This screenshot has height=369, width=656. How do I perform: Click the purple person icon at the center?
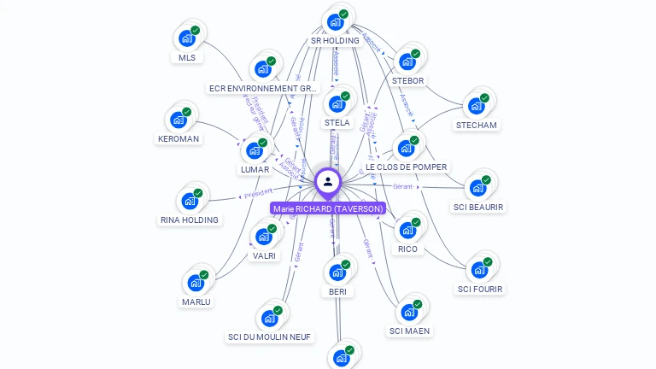tap(328, 181)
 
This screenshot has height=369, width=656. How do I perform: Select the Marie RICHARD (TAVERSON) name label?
tap(328, 208)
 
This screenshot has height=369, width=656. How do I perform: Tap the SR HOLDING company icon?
tap(336, 21)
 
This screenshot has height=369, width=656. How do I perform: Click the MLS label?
tap(186, 58)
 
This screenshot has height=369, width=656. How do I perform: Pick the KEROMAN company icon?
tap(179, 120)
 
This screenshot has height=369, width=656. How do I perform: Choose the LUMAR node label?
tap(255, 170)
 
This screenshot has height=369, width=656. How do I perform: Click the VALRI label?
tap(264, 255)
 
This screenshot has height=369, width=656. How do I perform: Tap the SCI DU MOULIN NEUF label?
tap(269, 337)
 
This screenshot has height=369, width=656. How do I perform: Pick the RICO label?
tap(407, 249)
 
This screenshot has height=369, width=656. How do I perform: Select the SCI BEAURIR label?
tap(478, 208)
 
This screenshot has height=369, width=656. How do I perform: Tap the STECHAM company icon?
tap(477, 106)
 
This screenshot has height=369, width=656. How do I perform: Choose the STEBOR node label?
tap(407, 81)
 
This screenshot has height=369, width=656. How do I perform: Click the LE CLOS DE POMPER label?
tap(406, 167)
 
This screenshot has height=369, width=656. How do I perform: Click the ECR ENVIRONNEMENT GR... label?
tap(263, 89)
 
